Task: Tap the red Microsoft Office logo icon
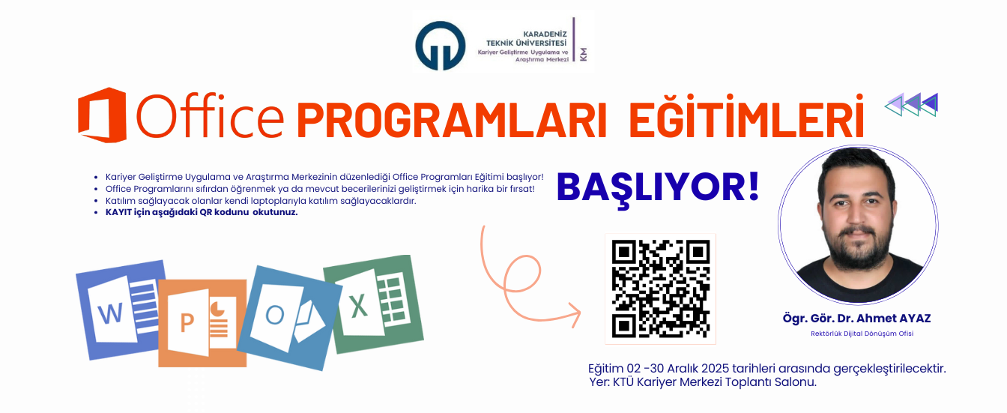coord(102,115)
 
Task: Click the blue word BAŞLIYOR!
coord(657,186)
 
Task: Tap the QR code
coord(660,288)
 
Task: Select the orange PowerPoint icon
coord(202,322)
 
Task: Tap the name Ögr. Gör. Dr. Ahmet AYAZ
coord(856,319)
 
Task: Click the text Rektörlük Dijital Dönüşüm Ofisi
coord(862,334)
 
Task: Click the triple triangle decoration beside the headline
coord(911,104)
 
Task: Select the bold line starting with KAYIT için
coord(202,212)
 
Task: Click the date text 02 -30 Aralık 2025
coord(681,369)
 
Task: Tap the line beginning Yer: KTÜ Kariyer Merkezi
coord(703,382)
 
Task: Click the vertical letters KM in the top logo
coord(584,54)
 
